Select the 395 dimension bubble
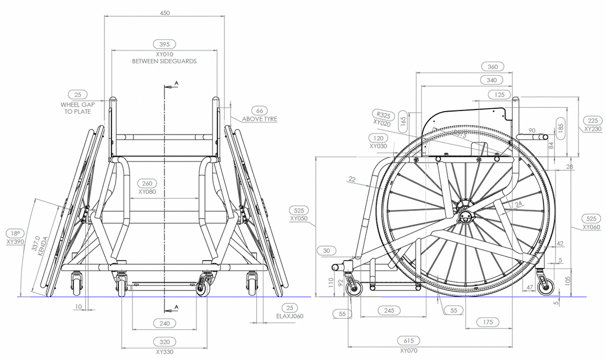[164, 44]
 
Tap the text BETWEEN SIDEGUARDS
[164, 61]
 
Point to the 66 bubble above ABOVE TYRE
[259, 110]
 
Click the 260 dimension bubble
[147, 183]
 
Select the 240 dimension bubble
[164, 324]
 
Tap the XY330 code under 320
[164, 352]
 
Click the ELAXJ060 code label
[290, 316]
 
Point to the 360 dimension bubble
[492, 66]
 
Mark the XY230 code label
[593, 128]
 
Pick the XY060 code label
[591, 227]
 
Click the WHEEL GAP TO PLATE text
[77, 108]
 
